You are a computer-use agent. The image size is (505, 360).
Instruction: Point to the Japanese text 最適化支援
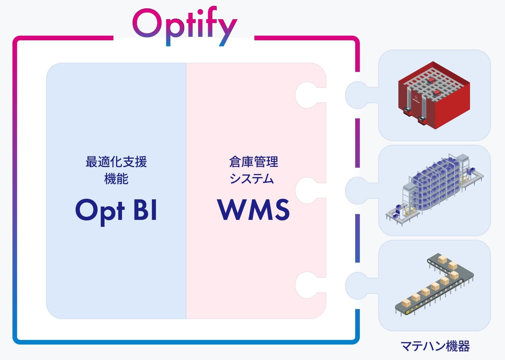pos(116,162)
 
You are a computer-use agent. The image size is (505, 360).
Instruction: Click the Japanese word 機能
pos(116,178)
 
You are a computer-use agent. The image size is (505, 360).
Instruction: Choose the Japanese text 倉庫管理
pos(253,162)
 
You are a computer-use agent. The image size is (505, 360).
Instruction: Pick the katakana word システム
pos(252,178)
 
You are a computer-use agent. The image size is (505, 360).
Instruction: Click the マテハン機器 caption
pos(435,346)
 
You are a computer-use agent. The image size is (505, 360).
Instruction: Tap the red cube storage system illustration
pos(434,95)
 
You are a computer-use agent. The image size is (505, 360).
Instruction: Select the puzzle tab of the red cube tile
pos(359,95)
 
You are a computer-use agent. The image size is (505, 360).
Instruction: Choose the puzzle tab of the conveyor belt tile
pos(359,285)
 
